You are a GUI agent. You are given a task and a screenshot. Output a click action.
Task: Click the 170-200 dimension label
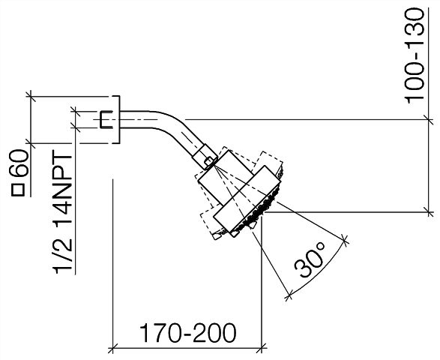pos(187,333)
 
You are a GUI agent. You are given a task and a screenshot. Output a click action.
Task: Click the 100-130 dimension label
pos(414,56)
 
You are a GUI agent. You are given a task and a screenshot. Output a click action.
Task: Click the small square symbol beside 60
pos(18,190)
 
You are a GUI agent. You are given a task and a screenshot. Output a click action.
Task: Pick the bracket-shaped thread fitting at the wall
pos(106,119)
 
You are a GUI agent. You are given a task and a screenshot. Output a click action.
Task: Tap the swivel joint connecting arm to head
pos(205,157)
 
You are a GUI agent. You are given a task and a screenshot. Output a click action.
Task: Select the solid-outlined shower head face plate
pos(247,200)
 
